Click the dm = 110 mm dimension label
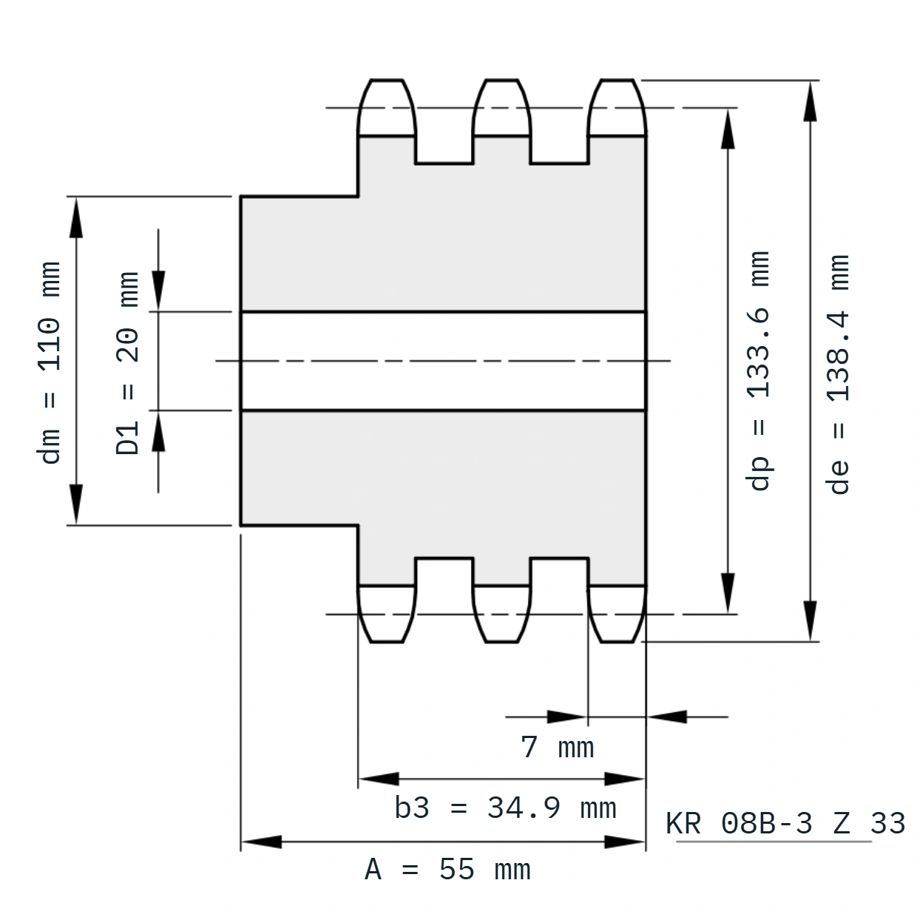pyautogui.click(x=49, y=362)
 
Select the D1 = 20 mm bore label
pyautogui.click(x=127, y=363)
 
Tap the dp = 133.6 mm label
pyautogui.click(x=757, y=370)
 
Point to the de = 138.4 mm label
pyautogui.click(x=837, y=374)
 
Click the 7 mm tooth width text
pyautogui.click(x=558, y=747)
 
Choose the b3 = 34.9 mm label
pyautogui.click(x=505, y=808)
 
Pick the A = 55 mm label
pyautogui.click(x=447, y=870)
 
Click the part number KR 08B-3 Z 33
pyautogui.click(x=785, y=823)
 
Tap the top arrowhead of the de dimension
pyautogui.click(x=810, y=101)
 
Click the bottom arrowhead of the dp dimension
pyautogui.click(x=728, y=593)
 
